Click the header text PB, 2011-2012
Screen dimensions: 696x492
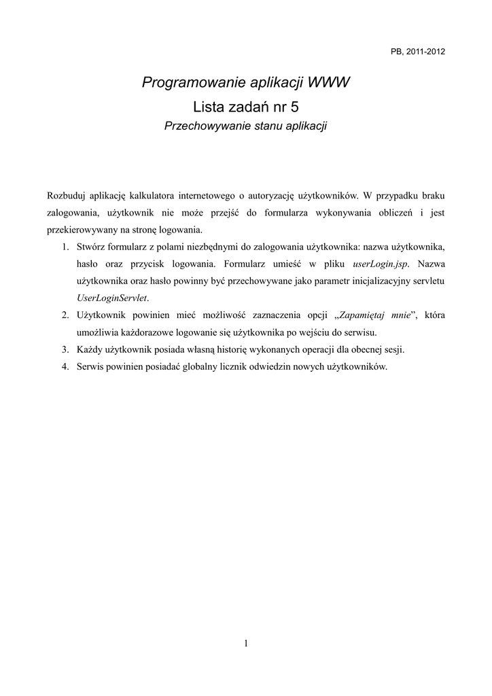pos(418,52)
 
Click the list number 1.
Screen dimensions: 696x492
pos(65,246)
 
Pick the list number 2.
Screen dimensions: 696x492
pos(65,315)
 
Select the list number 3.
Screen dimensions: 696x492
pos(65,349)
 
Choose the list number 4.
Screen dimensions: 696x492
pos(65,367)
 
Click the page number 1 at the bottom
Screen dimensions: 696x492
pos(246,644)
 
